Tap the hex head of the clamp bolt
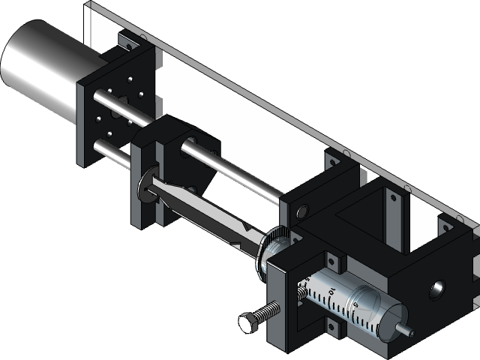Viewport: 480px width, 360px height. (249, 322)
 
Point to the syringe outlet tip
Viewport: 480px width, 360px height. (406, 329)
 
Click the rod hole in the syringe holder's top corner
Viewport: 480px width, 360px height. (302, 212)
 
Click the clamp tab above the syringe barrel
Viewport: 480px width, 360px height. (331, 263)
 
